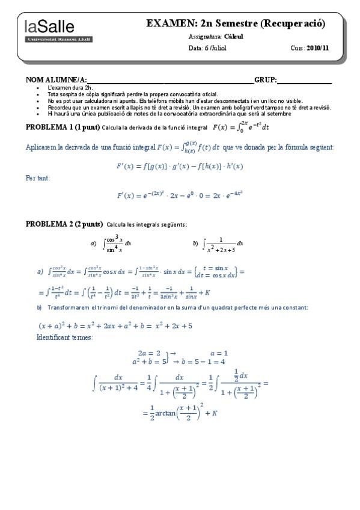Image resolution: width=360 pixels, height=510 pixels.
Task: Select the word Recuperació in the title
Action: point(293,23)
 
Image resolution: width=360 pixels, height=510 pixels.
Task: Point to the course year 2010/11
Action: point(319,48)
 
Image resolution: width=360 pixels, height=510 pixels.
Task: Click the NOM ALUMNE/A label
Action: point(57,80)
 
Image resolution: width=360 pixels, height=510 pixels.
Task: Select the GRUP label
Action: point(265,80)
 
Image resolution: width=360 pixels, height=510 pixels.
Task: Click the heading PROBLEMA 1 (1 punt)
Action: point(63,127)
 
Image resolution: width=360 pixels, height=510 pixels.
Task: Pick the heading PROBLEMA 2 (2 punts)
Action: point(64,224)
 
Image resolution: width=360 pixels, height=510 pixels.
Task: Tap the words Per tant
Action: point(38,177)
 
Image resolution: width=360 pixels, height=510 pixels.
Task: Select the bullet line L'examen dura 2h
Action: point(70,88)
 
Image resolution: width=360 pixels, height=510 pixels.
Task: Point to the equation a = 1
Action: point(219,353)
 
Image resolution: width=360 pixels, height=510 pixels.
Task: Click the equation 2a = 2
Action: point(149,353)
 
